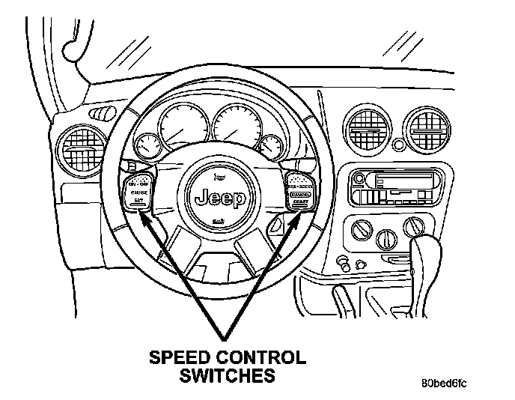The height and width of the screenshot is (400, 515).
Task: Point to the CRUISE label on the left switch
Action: click(x=138, y=193)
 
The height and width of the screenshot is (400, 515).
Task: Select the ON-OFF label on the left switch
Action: click(x=138, y=183)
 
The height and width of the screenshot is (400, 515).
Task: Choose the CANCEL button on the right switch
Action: click(x=300, y=193)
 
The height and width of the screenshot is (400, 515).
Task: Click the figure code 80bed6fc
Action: click(x=443, y=384)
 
